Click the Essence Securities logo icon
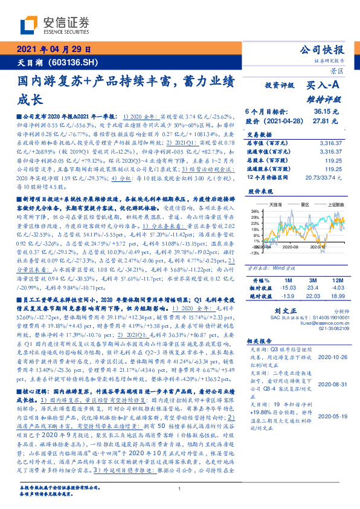tap(30, 25)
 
